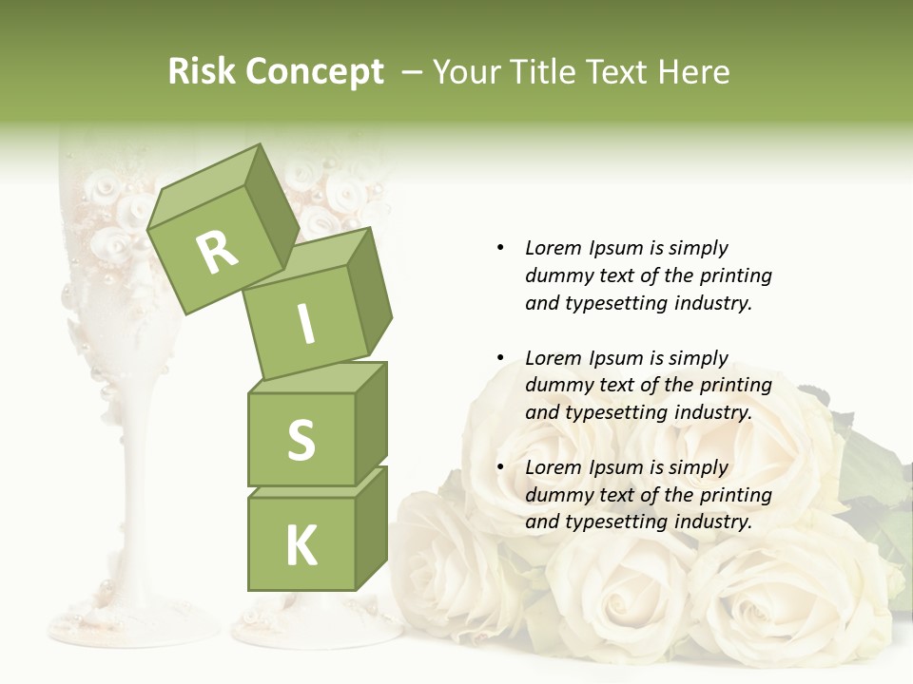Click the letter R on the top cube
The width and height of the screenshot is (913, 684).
point(217,252)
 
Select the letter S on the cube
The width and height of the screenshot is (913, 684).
point(301,440)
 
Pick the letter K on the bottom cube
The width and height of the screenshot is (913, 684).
point(301,545)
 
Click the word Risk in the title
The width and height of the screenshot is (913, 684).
point(200,72)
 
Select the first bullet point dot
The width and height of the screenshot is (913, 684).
point(500,248)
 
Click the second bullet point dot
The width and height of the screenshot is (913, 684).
point(500,358)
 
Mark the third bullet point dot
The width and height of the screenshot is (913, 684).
point(500,467)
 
